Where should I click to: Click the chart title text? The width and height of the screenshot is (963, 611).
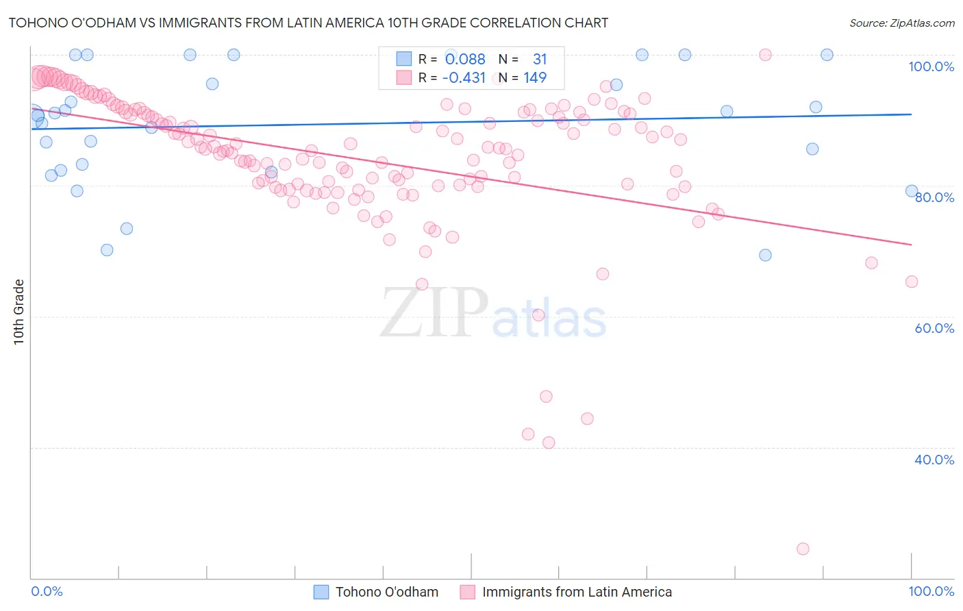(x=308, y=23)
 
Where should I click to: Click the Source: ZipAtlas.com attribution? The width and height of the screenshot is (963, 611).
(x=901, y=23)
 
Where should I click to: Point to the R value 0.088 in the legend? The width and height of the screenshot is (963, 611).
(x=465, y=60)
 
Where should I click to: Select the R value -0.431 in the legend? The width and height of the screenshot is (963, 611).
(x=464, y=78)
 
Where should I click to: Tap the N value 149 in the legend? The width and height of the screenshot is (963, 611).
(x=535, y=78)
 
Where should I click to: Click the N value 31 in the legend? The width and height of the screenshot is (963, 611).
(x=540, y=60)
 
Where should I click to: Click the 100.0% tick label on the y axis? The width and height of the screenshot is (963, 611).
(x=931, y=66)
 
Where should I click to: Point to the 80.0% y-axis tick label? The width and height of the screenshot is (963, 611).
(x=934, y=197)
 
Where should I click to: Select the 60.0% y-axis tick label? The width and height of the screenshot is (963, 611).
(x=934, y=328)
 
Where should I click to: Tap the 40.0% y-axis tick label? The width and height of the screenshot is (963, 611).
(x=934, y=460)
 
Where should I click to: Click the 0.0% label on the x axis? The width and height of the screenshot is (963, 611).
(x=47, y=591)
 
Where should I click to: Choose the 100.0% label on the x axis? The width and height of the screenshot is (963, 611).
(x=931, y=591)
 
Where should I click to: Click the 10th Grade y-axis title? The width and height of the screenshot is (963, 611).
(x=19, y=312)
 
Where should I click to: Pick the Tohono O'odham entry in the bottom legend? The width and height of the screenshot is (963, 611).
(x=386, y=592)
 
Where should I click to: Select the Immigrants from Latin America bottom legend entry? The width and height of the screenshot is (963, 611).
(x=577, y=592)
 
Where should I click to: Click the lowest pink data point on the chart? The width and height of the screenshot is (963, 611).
(x=803, y=549)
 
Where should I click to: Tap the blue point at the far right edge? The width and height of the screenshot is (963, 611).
(x=912, y=191)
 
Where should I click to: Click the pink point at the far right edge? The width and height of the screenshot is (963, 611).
(x=912, y=282)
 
